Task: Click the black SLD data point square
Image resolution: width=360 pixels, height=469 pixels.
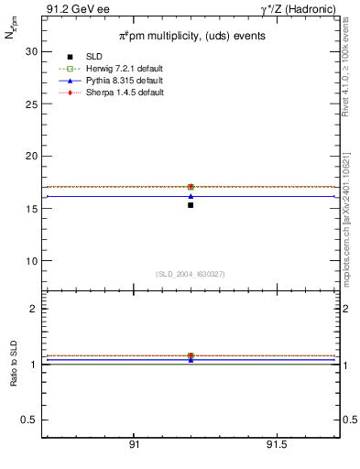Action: point(191,205)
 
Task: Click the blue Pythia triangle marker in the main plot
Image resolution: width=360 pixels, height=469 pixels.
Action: point(191,196)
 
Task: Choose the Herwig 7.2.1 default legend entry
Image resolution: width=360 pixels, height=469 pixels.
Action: point(115,70)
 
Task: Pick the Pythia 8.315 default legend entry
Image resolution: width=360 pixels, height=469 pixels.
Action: point(114,82)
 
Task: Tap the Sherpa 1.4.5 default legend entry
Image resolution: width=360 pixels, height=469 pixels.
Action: point(115,93)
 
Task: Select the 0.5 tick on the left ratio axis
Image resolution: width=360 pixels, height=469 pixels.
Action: point(29,420)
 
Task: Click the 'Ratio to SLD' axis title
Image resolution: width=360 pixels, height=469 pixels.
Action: point(14,365)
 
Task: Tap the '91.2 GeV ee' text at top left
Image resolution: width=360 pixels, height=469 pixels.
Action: point(71,9)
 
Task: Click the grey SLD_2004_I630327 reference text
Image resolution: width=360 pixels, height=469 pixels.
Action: point(190,274)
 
